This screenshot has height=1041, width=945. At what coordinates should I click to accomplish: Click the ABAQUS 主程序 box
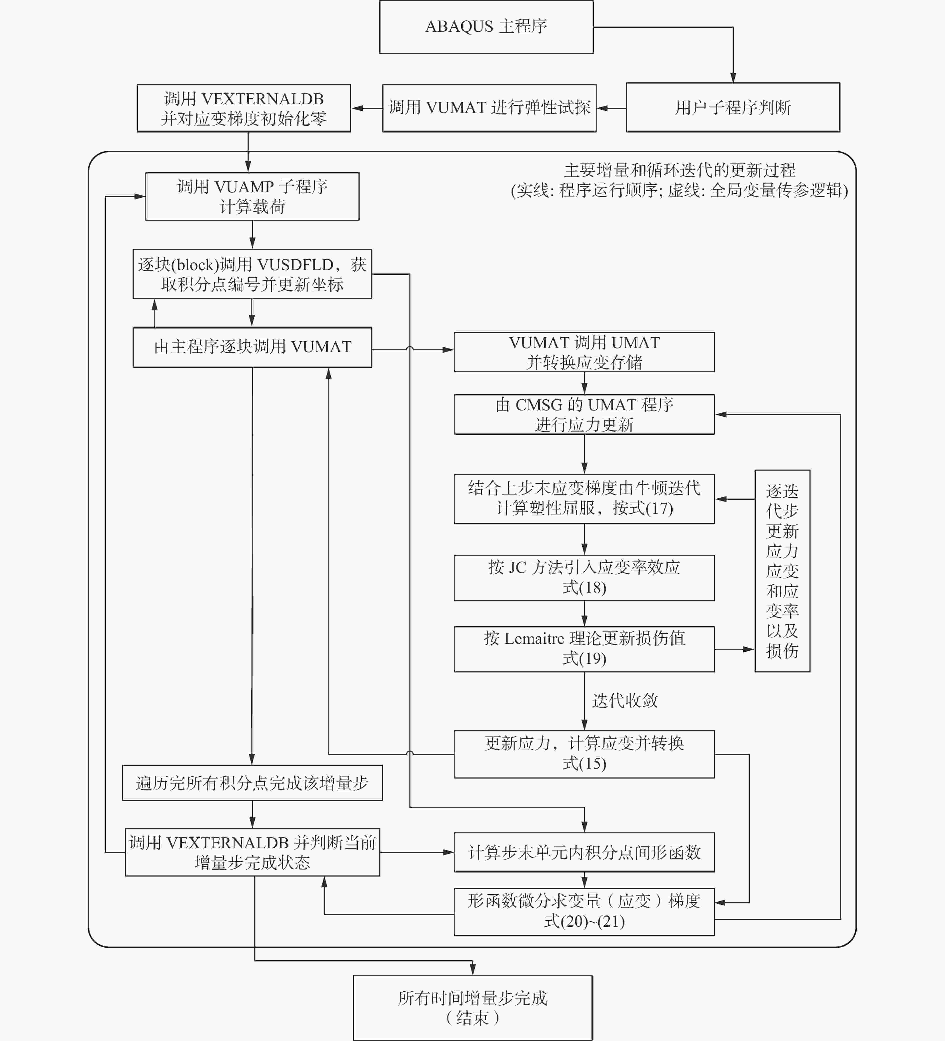(486, 27)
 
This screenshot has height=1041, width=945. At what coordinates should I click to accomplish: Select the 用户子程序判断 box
(733, 108)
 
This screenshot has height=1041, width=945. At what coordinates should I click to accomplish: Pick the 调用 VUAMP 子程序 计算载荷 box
(252, 196)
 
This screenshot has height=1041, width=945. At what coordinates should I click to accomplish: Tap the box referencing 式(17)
(584, 499)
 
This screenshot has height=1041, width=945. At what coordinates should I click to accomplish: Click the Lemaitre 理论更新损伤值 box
(584, 649)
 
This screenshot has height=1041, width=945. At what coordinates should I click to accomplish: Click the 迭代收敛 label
(625, 701)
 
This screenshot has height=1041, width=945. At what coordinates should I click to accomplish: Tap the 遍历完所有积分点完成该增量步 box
(252, 783)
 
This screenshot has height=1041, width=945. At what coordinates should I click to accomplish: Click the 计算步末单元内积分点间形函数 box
(584, 852)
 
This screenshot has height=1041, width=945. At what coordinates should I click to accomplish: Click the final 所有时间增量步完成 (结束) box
(473, 1008)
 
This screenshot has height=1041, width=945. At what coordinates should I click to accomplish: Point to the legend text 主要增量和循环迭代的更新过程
(680, 170)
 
